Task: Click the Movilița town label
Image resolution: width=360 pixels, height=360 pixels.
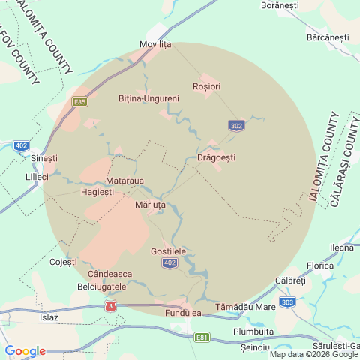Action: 156,44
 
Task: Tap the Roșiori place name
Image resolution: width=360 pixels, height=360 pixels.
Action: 206,86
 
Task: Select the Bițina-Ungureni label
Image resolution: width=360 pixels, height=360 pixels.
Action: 148,98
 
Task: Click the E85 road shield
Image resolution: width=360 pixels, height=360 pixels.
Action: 80,100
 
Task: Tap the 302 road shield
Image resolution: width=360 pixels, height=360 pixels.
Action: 236,126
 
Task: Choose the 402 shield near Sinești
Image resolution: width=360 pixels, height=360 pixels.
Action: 21,145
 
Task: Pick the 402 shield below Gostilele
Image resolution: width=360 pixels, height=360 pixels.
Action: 170,262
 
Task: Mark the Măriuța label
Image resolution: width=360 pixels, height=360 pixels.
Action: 149,204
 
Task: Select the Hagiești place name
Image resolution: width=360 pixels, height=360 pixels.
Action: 97,192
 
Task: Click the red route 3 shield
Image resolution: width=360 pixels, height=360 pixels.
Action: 112,306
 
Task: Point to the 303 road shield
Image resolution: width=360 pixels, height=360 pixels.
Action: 288,302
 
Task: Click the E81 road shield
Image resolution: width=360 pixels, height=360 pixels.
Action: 201,337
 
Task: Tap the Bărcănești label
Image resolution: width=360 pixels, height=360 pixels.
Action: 328,37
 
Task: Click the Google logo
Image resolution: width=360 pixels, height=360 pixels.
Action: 25,351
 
